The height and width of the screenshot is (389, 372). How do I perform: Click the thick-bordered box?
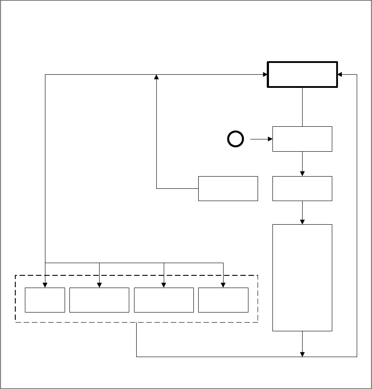tap(302, 74)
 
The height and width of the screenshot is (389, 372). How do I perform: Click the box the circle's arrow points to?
tap(302, 139)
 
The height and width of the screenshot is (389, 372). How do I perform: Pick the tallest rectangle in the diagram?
tap(302, 278)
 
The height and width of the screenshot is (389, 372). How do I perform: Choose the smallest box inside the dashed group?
tap(45, 300)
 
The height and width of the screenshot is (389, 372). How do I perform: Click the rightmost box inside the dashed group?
tap(224, 300)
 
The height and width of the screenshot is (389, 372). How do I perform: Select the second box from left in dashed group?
tap(99, 300)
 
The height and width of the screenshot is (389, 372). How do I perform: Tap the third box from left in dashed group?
tap(164, 300)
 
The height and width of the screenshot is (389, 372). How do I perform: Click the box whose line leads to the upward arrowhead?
tap(228, 188)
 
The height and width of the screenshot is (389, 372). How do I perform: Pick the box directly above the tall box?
tap(302, 188)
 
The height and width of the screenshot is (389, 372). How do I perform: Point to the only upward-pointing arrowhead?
tap(157, 77)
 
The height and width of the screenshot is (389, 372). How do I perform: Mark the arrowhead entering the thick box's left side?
tap(264, 74)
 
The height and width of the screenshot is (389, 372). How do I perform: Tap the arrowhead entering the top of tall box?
tap(302, 222)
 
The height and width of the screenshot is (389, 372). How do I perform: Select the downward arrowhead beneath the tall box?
tap(302, 354)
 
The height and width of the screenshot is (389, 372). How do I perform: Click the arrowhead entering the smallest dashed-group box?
tap(45, 285)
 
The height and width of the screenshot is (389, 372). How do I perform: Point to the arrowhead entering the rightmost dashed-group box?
tap(224, 285)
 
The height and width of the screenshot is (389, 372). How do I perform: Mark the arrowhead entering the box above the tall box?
tap(302, 174)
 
